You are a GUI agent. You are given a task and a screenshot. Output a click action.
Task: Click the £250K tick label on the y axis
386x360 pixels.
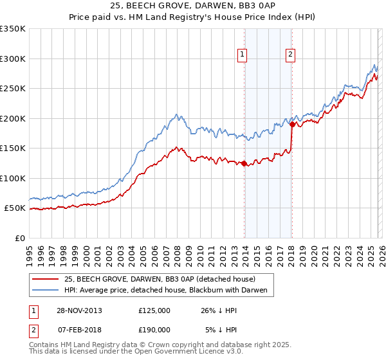(x=13, y=89)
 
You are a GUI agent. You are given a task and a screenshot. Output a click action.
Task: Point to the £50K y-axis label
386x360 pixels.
(x=15, y=208)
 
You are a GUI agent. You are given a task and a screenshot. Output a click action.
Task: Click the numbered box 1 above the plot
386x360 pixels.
(x=243, y=55)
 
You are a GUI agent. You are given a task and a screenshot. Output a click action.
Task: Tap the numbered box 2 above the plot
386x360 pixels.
(x=291, y=55)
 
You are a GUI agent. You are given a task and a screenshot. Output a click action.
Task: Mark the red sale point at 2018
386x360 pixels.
(x=292, y=125)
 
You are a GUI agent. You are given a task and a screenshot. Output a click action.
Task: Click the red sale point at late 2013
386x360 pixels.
(x=244, y=163)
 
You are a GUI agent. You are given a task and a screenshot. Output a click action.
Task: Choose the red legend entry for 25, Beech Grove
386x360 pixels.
(x=160, y=279)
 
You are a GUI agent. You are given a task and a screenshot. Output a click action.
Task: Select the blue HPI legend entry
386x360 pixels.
(x=169, y=291)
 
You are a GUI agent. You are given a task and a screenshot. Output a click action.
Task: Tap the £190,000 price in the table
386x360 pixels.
(x=154, y=329)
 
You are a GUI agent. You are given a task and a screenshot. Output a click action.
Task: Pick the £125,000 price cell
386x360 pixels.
(x=154, y=310)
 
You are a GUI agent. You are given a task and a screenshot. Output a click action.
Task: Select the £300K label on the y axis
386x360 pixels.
(x=13, y=59)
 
